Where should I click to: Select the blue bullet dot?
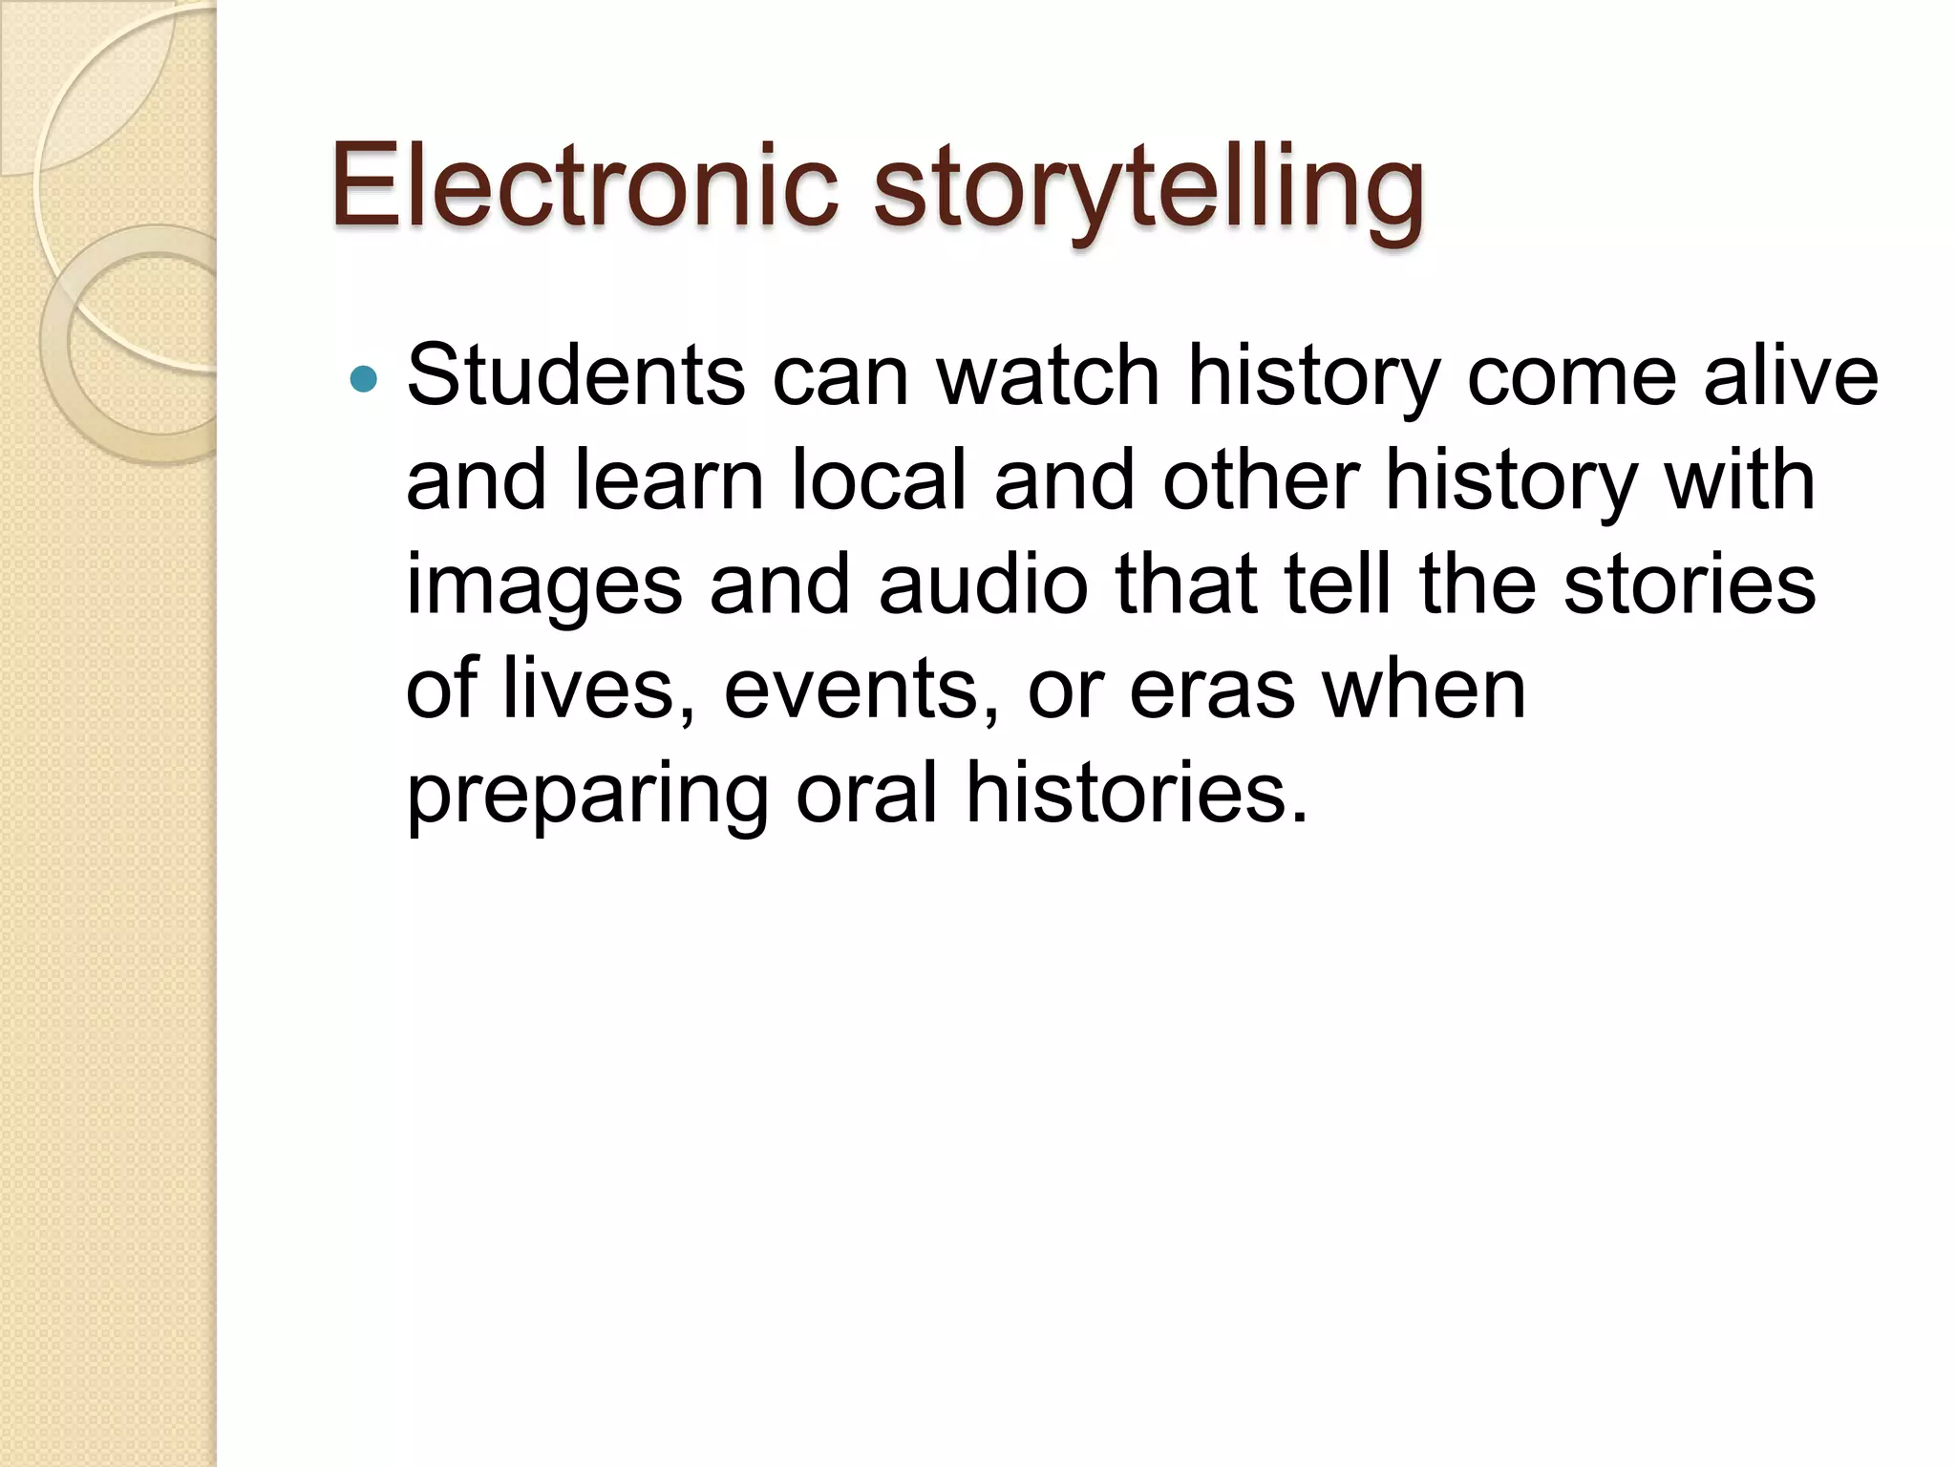pos(364,379)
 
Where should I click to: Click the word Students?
pos(575,375)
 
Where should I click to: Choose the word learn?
pos(670,480)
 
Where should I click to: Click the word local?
pos(880,480)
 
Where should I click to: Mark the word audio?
pos(983,585)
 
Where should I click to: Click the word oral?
pos(866,793)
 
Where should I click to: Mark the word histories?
pos(1136,793)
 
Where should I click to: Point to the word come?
pos(1571,375)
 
